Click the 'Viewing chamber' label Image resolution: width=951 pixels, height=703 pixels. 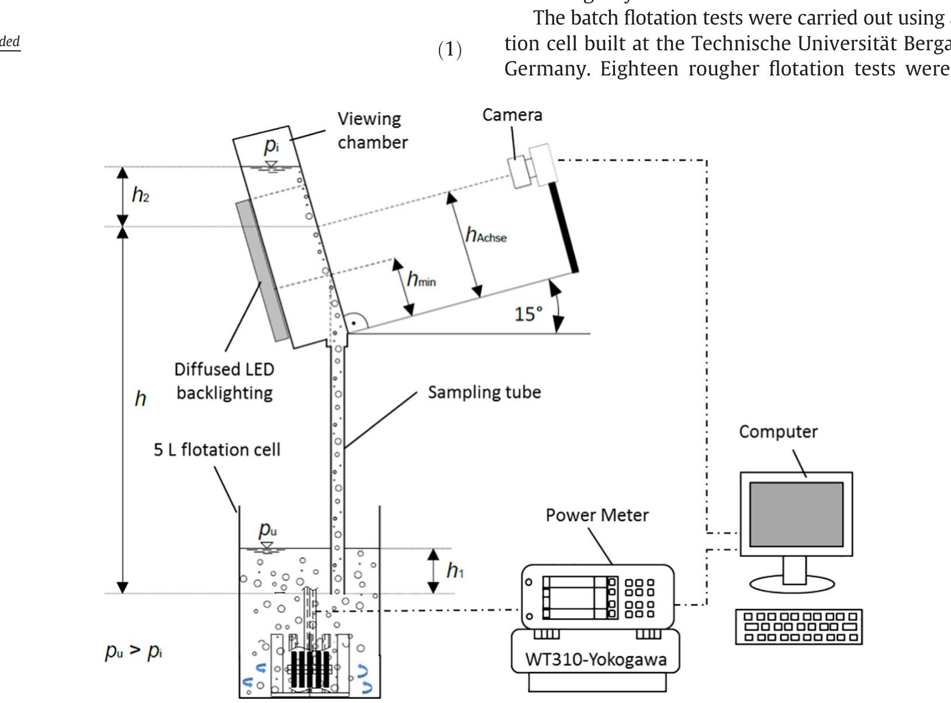pos(372,130)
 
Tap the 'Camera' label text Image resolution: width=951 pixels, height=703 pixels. pos(512,115)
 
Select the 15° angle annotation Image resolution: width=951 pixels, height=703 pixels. pos(528,314)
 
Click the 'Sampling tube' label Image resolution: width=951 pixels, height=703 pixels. pos(484,392)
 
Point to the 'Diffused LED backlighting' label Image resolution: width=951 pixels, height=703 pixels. pos(224,381)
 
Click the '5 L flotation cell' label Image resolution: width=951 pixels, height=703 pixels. pos(217,450)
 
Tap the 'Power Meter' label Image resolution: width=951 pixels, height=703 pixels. pos(597,515)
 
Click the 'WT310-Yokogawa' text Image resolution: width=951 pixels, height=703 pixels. pos(596,659)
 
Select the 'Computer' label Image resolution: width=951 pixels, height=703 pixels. pos(778,432)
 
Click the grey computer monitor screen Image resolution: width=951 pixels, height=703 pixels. pos(796,514)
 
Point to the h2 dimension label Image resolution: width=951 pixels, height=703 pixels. pos(140,195)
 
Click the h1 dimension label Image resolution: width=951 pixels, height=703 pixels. pos(455,570)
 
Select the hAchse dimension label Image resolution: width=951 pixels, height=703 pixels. pos(486,235)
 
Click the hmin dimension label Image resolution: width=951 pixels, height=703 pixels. pos(421,280)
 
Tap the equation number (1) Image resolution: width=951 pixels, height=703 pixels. pos(450,50)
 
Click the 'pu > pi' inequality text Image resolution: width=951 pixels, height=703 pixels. pos(133,651)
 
